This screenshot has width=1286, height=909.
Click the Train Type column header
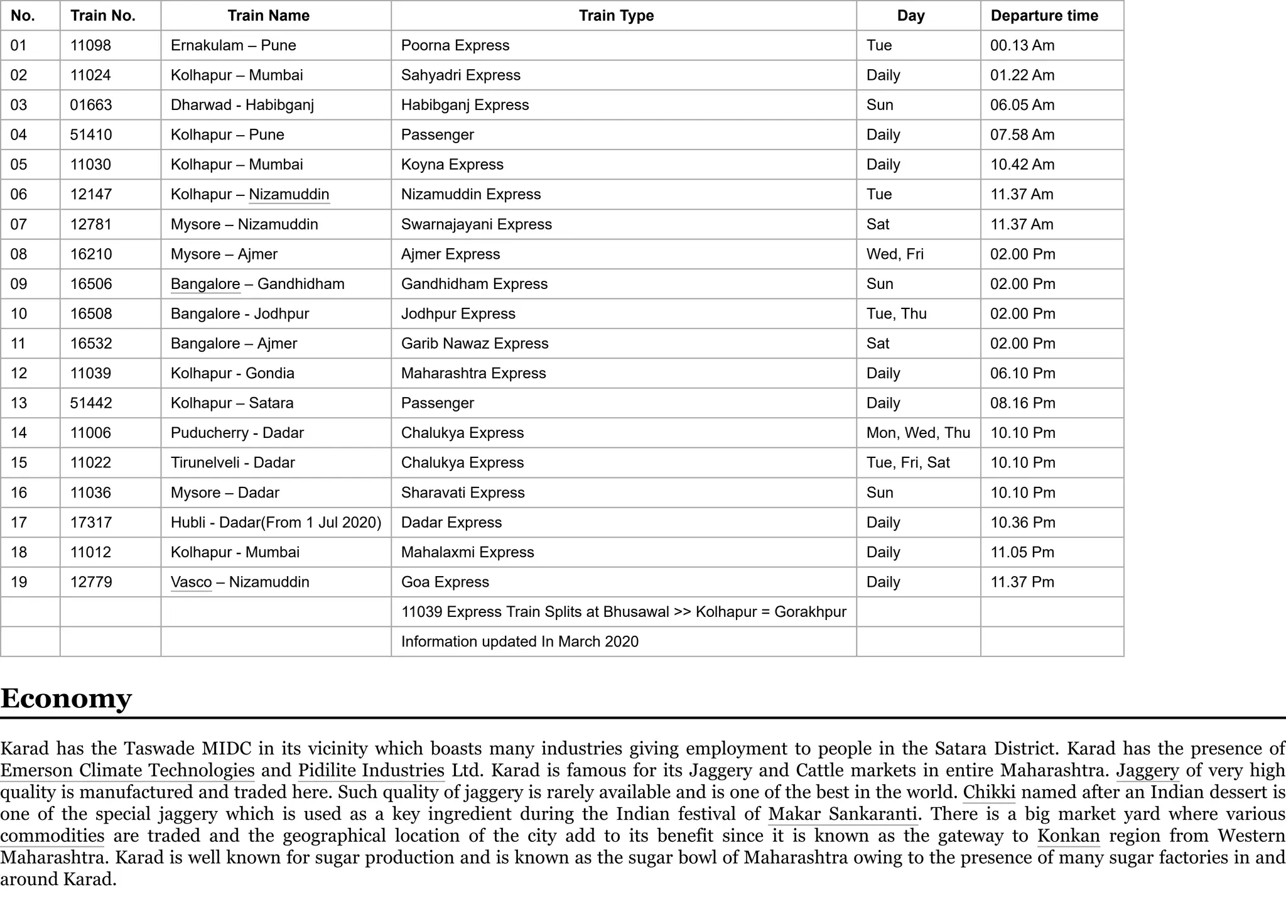click(x=616, y=16)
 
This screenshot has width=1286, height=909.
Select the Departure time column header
click(x=1044, y=16)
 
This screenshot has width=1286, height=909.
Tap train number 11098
click(x=90, y=45)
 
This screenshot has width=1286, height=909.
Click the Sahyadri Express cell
click(x=461, y=75)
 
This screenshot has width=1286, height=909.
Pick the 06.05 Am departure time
click(x=1022, y=105)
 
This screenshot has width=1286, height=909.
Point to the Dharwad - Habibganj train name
click(x=242, y=105)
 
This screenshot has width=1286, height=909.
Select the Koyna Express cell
click(x=452, y=165)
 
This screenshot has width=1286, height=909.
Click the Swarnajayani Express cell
click(x=476, y=224)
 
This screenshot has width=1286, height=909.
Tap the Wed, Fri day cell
click(x=895, y=254)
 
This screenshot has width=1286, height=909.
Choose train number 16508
click(x=90, y=314)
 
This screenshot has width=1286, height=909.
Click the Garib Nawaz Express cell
click(x=475, y=344)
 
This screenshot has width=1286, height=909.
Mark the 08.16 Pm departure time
click(x=1022, y=403)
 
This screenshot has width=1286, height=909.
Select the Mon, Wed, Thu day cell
click(x=918, y=433)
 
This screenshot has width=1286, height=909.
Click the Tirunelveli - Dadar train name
click(x=232, y=463)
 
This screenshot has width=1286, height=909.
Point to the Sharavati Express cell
click(x=463, y=493)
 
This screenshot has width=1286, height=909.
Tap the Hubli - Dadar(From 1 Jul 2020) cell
click(x=276, y=523)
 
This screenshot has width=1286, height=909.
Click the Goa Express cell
click(x=445, y=582)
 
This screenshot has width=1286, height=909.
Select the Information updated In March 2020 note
click(x=519, y=642)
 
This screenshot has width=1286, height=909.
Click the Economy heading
click(x=66, y=699)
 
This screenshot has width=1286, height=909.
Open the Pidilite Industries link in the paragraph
click(x=371, y=771)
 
